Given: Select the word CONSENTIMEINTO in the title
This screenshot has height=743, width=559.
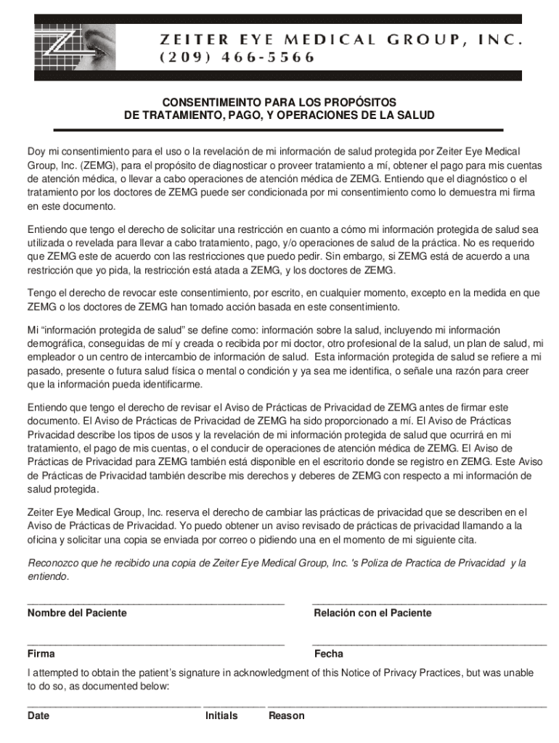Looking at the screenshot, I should (202, 102).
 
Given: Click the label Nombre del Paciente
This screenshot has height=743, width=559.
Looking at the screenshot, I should (77, 613).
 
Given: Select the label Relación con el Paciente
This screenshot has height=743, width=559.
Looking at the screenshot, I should (372, 613).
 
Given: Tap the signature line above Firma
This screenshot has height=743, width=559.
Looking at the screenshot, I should (155, 644).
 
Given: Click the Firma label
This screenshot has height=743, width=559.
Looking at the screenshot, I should (41, 654).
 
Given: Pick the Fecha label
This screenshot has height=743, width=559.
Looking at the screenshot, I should (329, 654).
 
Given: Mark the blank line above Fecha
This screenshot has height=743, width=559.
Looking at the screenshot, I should (429, 644).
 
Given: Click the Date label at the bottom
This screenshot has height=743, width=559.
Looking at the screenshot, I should (38, 716).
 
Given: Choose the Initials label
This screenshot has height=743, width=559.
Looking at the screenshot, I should (221, 716).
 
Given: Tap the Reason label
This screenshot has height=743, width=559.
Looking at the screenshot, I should (287, 716).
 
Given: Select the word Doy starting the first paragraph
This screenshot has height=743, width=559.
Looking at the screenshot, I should (36, 152).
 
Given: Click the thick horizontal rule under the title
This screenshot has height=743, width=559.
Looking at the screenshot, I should (279, 130).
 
